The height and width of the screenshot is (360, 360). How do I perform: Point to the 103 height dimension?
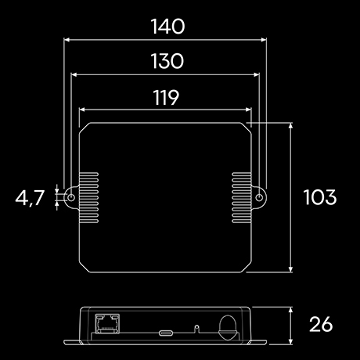[x=319, y=197]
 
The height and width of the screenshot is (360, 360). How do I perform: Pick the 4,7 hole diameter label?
[x=30, y=198]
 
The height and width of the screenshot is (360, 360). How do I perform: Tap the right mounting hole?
[x=258, y=197]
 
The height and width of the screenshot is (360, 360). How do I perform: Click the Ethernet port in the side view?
[x=104, y=322]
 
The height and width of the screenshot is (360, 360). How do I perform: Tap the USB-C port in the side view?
[x=166, y=332]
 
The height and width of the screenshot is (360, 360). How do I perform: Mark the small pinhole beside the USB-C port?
[x=197, y=328]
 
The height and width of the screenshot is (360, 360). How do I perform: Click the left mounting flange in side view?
[x=73, y=342]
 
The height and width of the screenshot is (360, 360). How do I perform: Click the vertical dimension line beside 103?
[x=291, y=197]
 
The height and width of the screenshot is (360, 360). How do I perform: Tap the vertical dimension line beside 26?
[x=291, y=325]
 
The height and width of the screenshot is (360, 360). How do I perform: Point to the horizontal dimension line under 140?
[x=164, y=39]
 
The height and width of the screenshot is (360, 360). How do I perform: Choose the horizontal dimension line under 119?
[x=164, y=110]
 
